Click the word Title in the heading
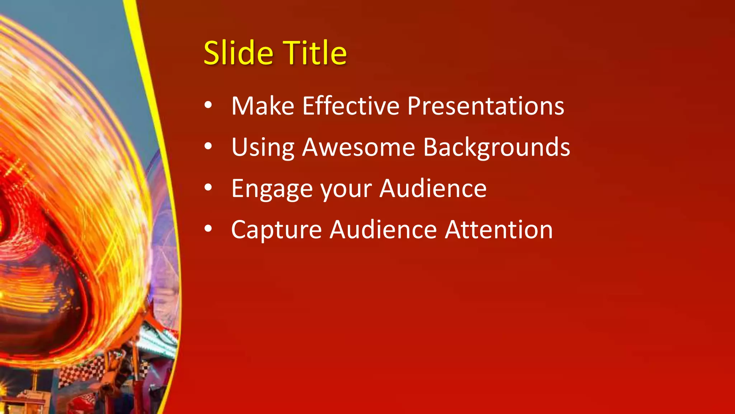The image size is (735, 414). point(315,53)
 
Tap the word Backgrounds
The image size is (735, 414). point(497,148)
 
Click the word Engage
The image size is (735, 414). point(272,189)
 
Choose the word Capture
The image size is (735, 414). point(276,230)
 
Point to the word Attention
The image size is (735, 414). point(499,230)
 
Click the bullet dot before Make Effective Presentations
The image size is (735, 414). point(208,105)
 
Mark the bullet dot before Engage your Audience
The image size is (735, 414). point(208,188)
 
